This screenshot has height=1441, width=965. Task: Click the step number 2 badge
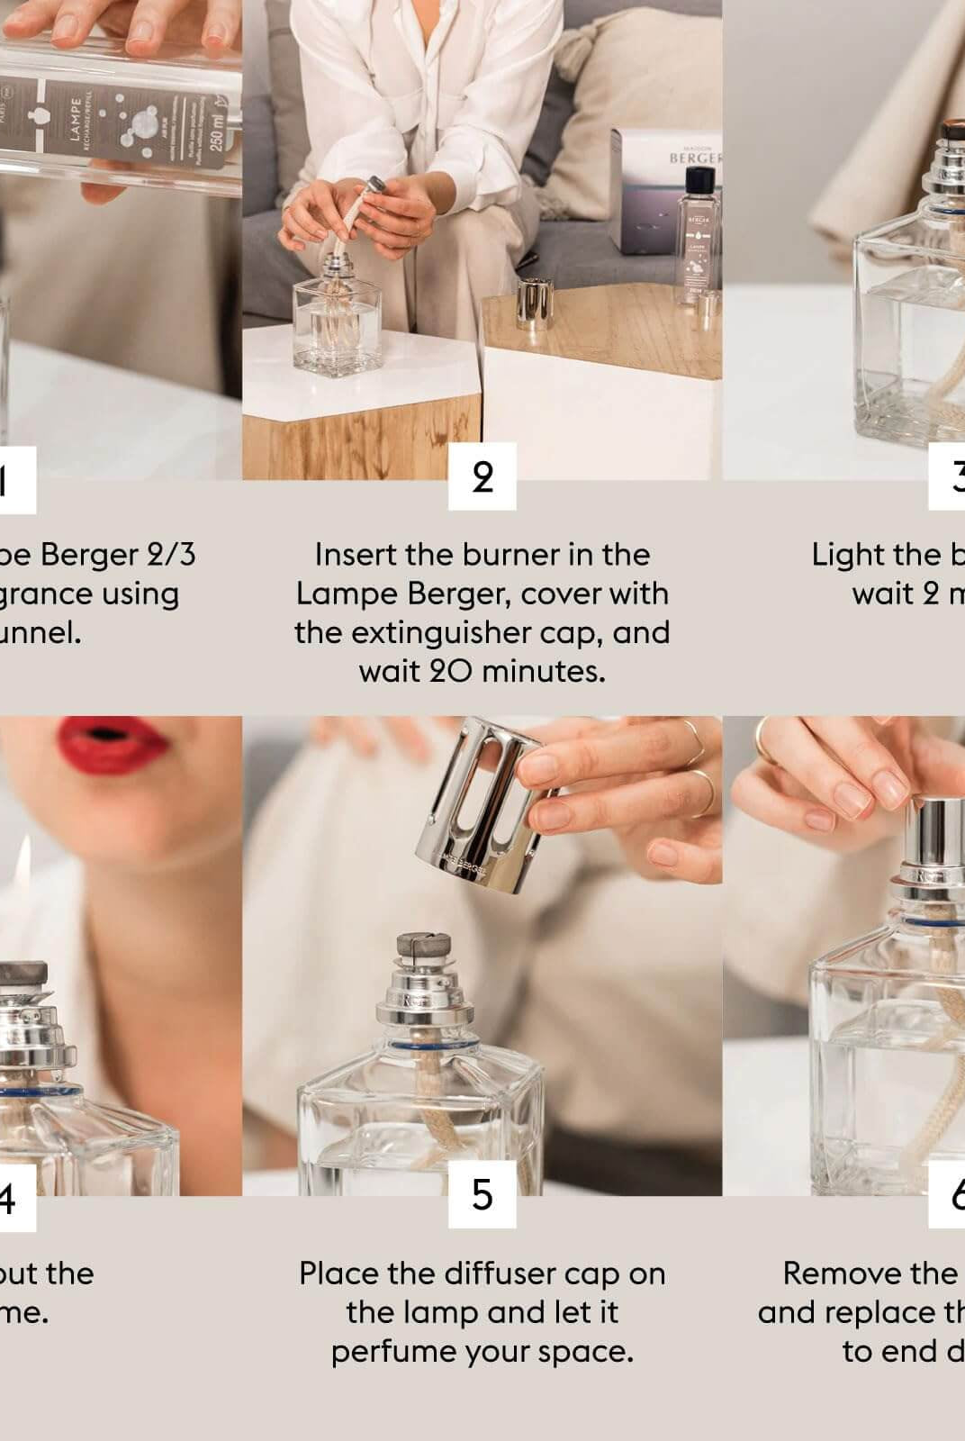(482, 476)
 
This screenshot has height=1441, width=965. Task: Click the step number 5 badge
(482, 1194)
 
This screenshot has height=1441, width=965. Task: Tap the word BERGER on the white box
(694, 158)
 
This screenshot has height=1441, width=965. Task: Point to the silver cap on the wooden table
(532, 304)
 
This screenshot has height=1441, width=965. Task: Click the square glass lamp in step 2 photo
(338, 329)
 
